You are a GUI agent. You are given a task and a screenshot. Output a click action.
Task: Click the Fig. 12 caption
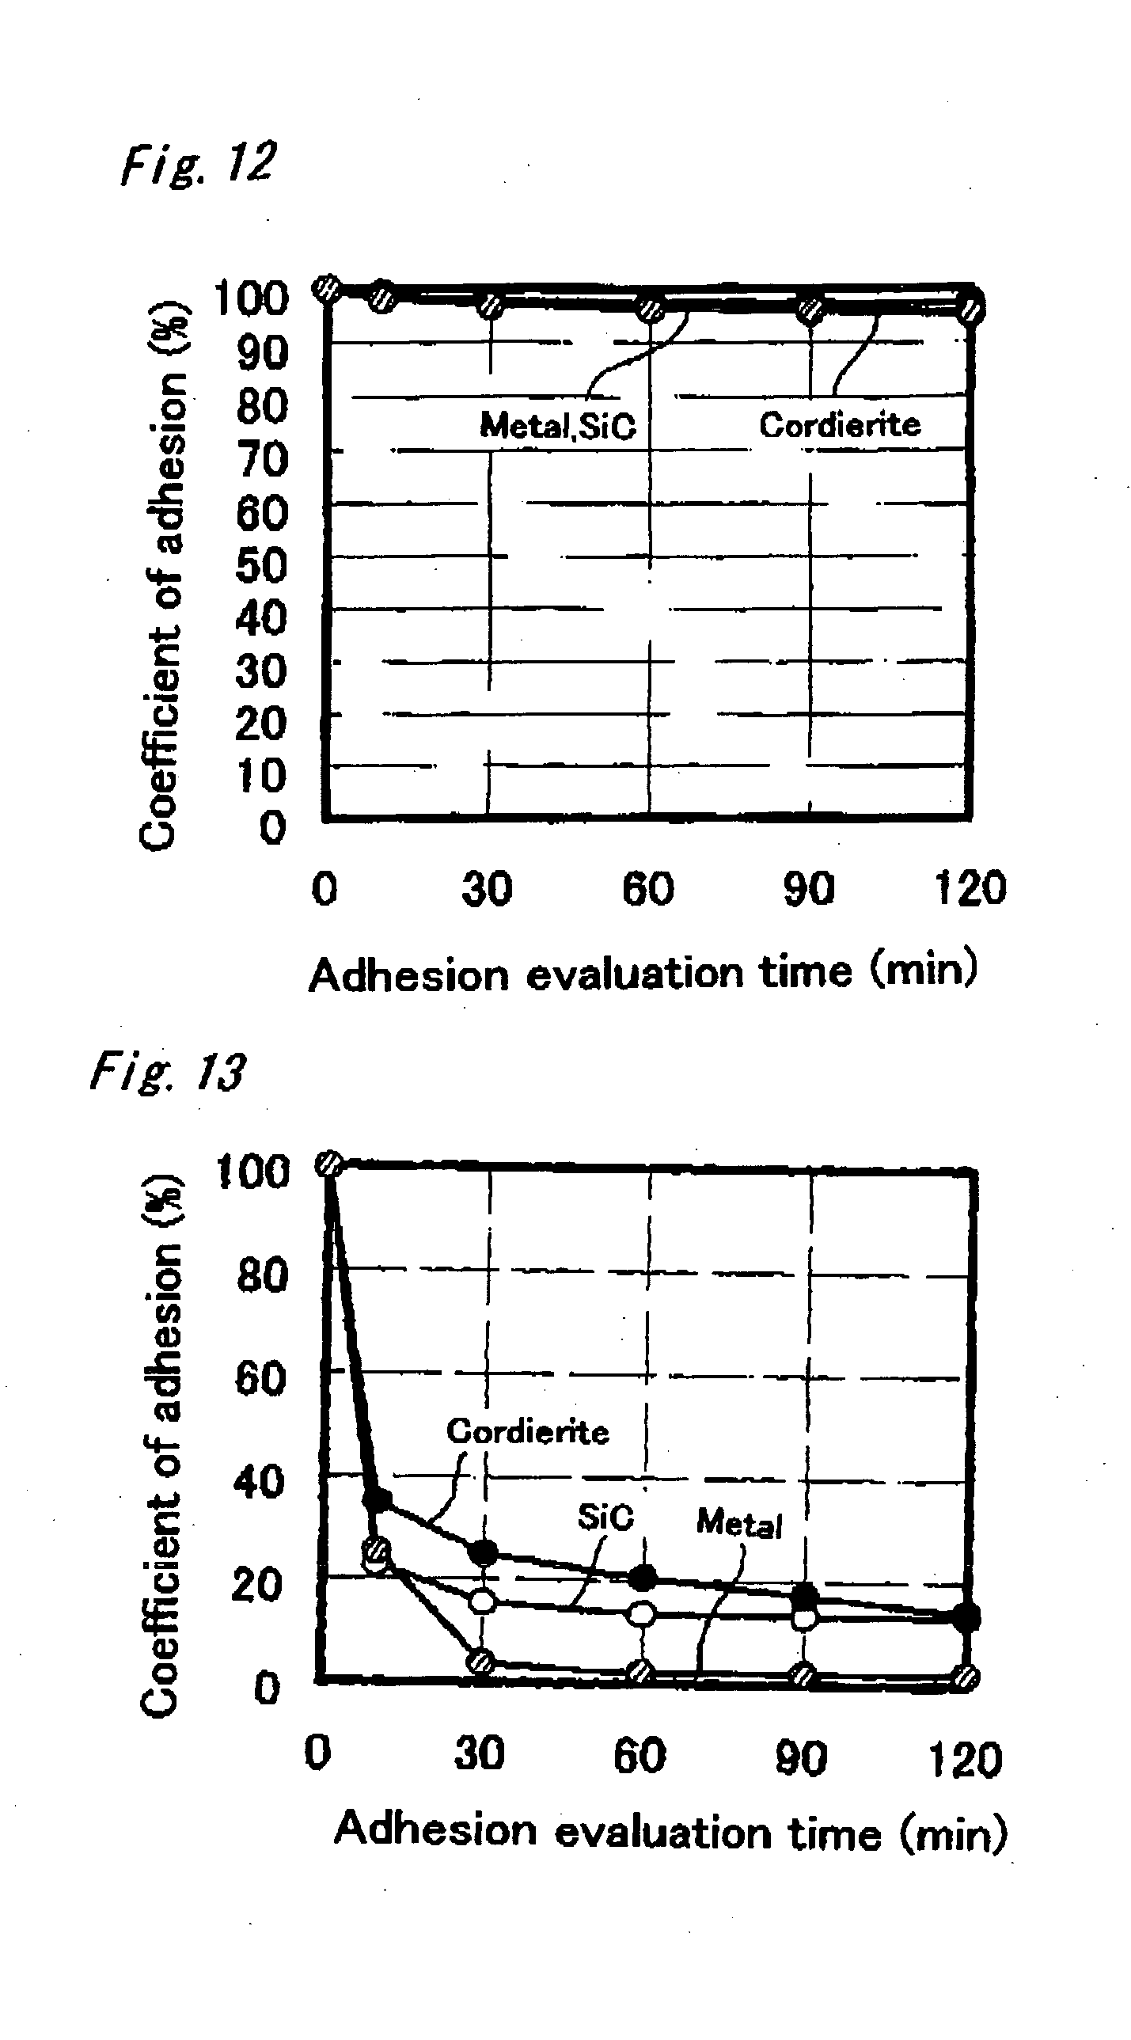[198, 163]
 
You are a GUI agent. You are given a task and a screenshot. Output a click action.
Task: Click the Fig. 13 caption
[168, 1073]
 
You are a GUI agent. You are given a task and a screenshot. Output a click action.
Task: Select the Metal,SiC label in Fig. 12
[557, 426]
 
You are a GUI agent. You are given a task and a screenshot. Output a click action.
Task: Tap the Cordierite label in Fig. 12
[840, 425]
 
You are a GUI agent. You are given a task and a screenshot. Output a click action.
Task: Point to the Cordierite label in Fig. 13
[527, 1432]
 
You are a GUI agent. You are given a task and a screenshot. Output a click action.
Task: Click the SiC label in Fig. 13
[605, 1518]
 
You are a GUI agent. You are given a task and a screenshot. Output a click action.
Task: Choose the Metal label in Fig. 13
[739, 1523]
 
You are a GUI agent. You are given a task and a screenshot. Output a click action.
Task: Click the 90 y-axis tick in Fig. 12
[262, 352]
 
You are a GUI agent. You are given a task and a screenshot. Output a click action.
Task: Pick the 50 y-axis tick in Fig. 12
[260, 566]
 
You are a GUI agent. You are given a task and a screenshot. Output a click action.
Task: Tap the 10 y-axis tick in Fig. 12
[260, 776]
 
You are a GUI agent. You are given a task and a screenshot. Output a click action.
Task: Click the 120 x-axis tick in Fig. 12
[970, 887]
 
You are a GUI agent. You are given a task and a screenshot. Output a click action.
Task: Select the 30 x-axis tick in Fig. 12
[487, 888]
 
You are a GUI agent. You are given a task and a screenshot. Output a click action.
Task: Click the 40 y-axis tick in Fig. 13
[259, 1481]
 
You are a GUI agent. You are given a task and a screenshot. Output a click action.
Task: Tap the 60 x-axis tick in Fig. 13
[640, 1755]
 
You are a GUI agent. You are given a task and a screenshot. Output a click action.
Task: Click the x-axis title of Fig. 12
[643, 972]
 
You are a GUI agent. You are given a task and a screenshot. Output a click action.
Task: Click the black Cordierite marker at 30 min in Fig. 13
[482, 1553]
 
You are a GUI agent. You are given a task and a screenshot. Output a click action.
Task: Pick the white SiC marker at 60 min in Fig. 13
[643, 1613]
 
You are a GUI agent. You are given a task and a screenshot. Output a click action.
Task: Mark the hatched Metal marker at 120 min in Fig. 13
[966, 1677]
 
